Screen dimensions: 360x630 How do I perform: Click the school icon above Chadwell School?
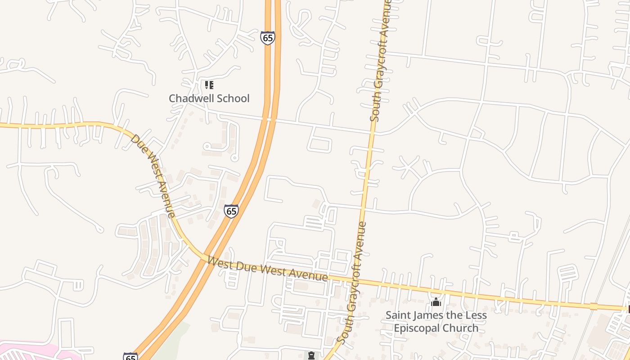(209, 85)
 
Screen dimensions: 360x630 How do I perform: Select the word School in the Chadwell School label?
(233, 98)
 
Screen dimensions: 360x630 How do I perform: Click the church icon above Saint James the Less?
(436, 302)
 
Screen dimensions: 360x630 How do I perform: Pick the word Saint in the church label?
(399, 315)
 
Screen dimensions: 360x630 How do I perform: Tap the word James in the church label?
(428, 315)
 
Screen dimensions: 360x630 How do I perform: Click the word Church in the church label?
(460, 328)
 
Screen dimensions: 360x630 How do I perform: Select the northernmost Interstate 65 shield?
(267, 38)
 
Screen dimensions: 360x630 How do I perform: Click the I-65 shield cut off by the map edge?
(130, 356)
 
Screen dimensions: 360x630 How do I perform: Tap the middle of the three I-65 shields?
(231, 211)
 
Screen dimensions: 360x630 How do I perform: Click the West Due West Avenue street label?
(267, 269)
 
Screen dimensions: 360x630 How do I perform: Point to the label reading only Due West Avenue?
(153, 175)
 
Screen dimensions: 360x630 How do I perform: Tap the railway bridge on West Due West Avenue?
(594, 306)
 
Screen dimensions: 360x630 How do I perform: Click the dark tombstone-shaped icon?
(311, 355)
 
